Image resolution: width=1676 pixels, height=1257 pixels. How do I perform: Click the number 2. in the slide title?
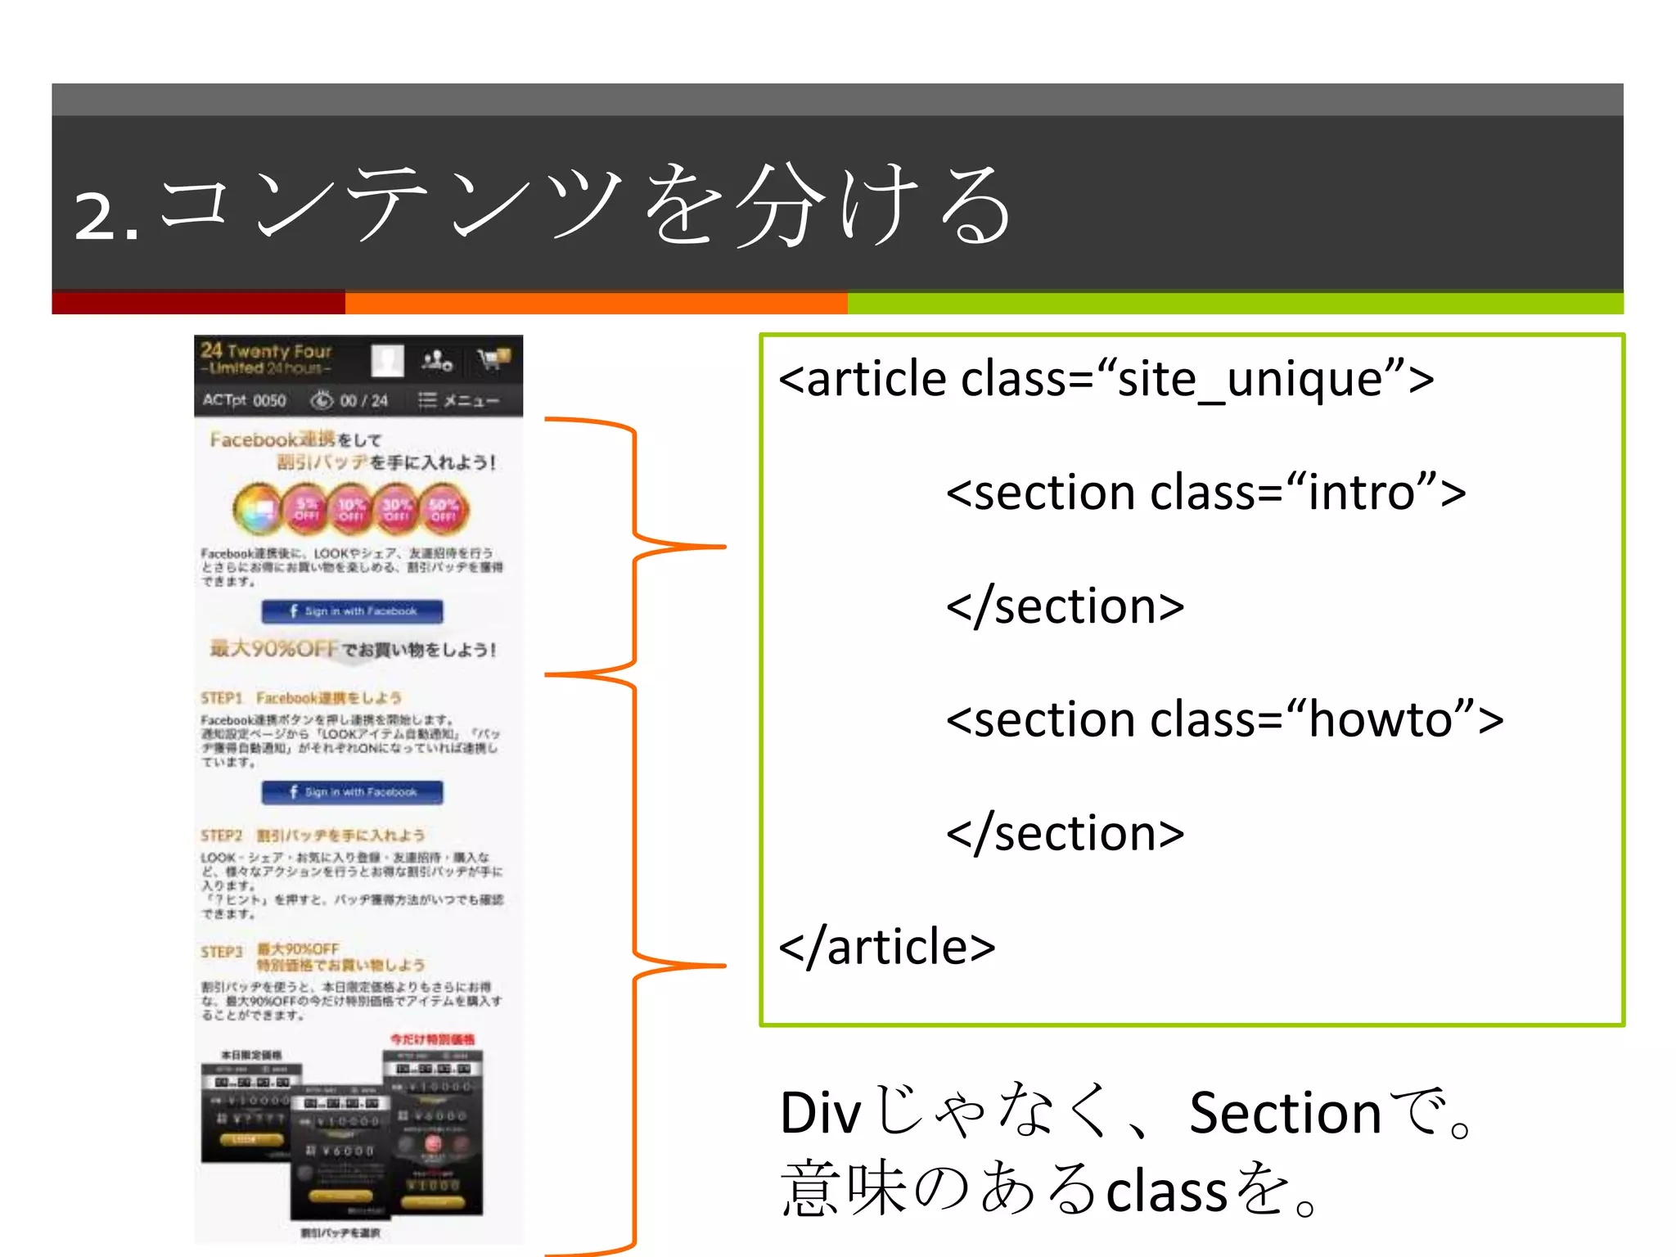(104, 215)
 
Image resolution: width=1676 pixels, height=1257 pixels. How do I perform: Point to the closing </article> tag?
(887, 948)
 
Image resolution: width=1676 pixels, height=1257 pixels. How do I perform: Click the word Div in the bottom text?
(820, 1114)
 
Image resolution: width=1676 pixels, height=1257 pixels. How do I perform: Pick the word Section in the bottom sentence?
(1285, 1114)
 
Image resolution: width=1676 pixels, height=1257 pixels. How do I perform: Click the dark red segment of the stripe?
(198, 303)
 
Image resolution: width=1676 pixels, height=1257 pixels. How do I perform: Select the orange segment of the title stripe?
(596, 303)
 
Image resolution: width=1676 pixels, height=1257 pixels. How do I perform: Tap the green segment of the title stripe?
(1234, 303)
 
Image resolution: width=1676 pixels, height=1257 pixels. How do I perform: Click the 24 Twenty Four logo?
(267, 358)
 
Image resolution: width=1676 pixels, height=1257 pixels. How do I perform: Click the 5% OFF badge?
(306, 509)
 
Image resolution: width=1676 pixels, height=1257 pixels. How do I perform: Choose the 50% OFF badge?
(444, 509)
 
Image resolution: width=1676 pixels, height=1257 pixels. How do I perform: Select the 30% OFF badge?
(397, 509)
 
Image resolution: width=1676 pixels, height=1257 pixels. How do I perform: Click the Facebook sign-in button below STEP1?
(352, 792)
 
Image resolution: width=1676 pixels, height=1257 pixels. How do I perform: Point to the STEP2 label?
(222, 836)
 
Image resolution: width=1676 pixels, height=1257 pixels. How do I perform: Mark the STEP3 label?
(222, 952)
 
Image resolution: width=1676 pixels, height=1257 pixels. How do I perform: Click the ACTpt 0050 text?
(244, 400)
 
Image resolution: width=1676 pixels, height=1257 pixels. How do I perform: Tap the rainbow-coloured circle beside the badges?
(257, 509)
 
